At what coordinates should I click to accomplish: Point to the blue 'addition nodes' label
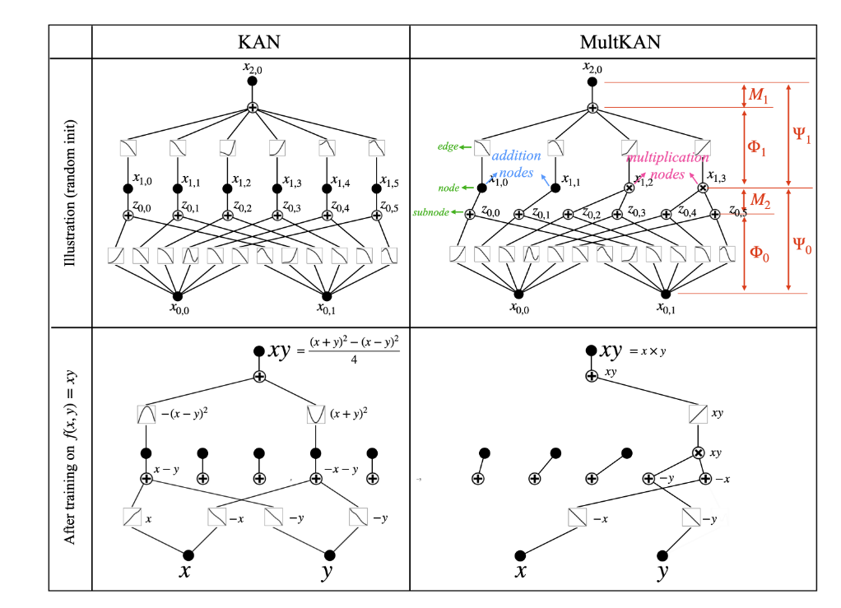tap(516, 164)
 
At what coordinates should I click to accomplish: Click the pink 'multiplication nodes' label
tap(667, 165)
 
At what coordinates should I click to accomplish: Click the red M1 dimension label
tap(758, 95)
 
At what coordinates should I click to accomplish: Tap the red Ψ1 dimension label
tap(802, 135)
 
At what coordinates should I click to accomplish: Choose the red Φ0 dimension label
tap(759, 253)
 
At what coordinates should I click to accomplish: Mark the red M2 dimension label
tap(758, 199)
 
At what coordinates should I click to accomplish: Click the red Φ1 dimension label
tap(757, 148)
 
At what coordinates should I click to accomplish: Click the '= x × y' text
tap(648, 351)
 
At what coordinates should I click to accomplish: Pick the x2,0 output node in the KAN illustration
tap(252, 81)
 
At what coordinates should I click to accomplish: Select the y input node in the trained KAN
tap(329, 555)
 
